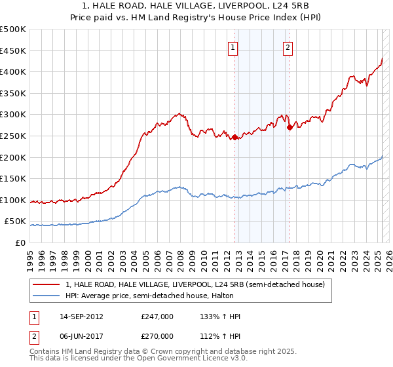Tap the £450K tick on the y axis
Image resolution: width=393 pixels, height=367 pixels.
pyautogui.click(x=14, y=50)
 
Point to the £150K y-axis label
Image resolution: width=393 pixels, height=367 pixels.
pyautogui.click(x=14, y=178)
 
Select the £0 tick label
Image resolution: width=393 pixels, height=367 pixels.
pyautogui.click(x=21, y=242)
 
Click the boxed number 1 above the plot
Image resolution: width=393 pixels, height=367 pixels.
pyautogui.click(x=234, y=47)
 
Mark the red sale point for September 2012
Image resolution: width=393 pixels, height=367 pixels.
pyautogui.click(x=234, y=137)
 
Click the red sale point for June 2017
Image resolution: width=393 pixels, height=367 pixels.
pyautogui.click(x=290, y=127)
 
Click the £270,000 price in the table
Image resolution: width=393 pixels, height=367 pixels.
pyautogui.click(x=157, y=336)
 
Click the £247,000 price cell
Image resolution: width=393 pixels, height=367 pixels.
pyautogui.click(x=157, y=317)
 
